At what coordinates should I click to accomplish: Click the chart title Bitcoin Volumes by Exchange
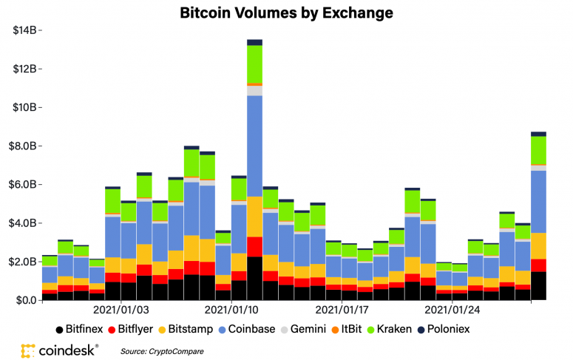[287, 13]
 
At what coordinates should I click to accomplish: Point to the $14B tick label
[24, 30]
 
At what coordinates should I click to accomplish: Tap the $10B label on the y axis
[24, 107]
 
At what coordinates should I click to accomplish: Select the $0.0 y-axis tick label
[27, 300]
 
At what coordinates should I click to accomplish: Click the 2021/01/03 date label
[121, 310]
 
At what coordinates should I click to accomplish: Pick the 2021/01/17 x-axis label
[342, 310]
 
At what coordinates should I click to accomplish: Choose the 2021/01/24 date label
[452, 310]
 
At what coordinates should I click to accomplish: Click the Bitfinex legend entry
[79, 329]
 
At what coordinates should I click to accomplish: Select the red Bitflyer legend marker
[112, 330]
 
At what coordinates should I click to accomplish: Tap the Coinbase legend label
[251, 329]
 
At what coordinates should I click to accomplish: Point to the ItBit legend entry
[347, 329]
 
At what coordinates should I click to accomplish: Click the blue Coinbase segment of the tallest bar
[254, 146]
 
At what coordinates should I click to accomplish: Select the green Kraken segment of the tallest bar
[254, 64]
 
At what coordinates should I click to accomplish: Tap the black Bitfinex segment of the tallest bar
[254, 279]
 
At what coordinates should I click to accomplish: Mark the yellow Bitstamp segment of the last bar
[539, 246]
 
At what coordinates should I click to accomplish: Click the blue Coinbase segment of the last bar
[539, 202]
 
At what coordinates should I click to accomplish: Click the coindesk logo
[60, 351]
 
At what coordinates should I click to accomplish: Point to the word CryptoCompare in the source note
[176, 352]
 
